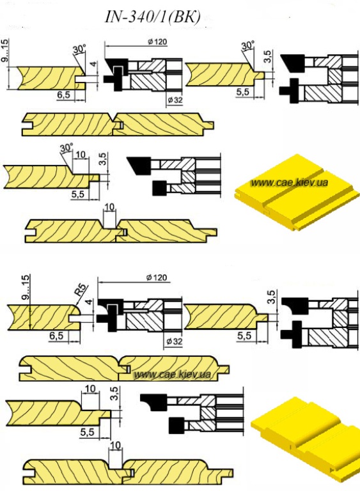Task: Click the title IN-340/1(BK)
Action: coord(152,17)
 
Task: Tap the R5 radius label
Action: coord(81,291)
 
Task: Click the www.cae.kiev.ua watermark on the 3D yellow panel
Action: coord(289,182)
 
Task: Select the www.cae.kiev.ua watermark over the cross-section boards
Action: coord(172,374)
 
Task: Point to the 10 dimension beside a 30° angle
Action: coord(81,154)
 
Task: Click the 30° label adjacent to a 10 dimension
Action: coord(67,148)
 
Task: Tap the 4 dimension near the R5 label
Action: coord(90,302)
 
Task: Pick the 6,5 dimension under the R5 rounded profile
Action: coord(56,336)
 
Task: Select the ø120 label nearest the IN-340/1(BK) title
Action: coord(157,42)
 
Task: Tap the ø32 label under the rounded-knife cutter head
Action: coord(174,341)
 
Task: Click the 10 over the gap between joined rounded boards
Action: coord(116,445)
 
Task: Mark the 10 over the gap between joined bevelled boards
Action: coord(109,207)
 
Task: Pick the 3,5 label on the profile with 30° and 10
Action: coord(104,159)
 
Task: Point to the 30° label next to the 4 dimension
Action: coord(79,49)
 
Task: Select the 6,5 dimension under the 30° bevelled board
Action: coord(64,94)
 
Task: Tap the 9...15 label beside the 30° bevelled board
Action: coord(5,50)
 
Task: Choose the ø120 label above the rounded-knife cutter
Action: coord(157,277)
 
